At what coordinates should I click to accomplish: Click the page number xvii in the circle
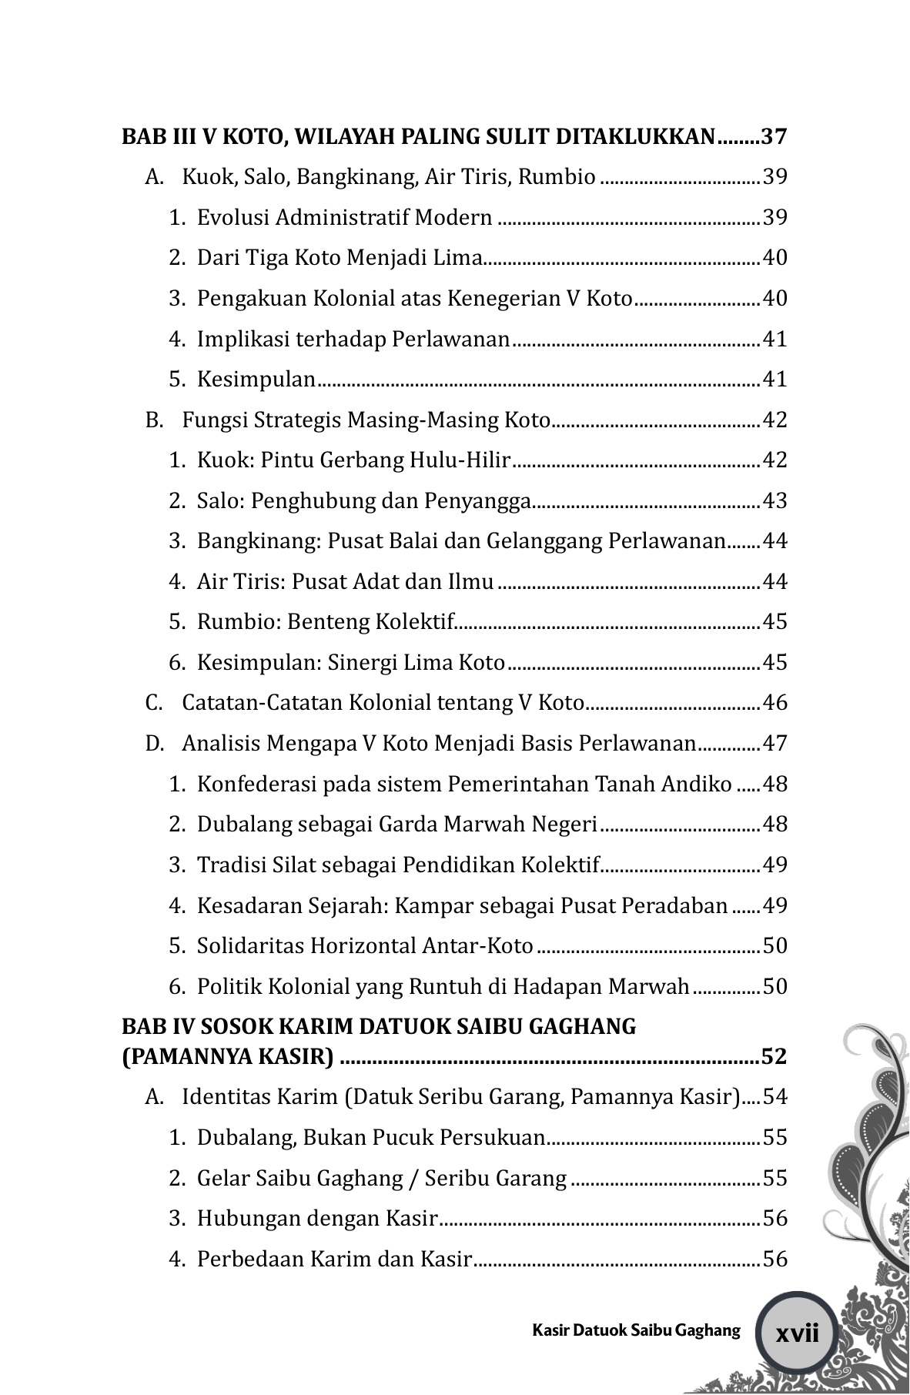(x=798, y=1333)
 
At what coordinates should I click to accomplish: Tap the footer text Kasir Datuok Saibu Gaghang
(x=636, y=1330)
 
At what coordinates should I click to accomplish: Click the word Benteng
(x=329, y=622)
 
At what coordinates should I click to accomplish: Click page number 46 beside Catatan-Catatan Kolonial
(x=775, y=704)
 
